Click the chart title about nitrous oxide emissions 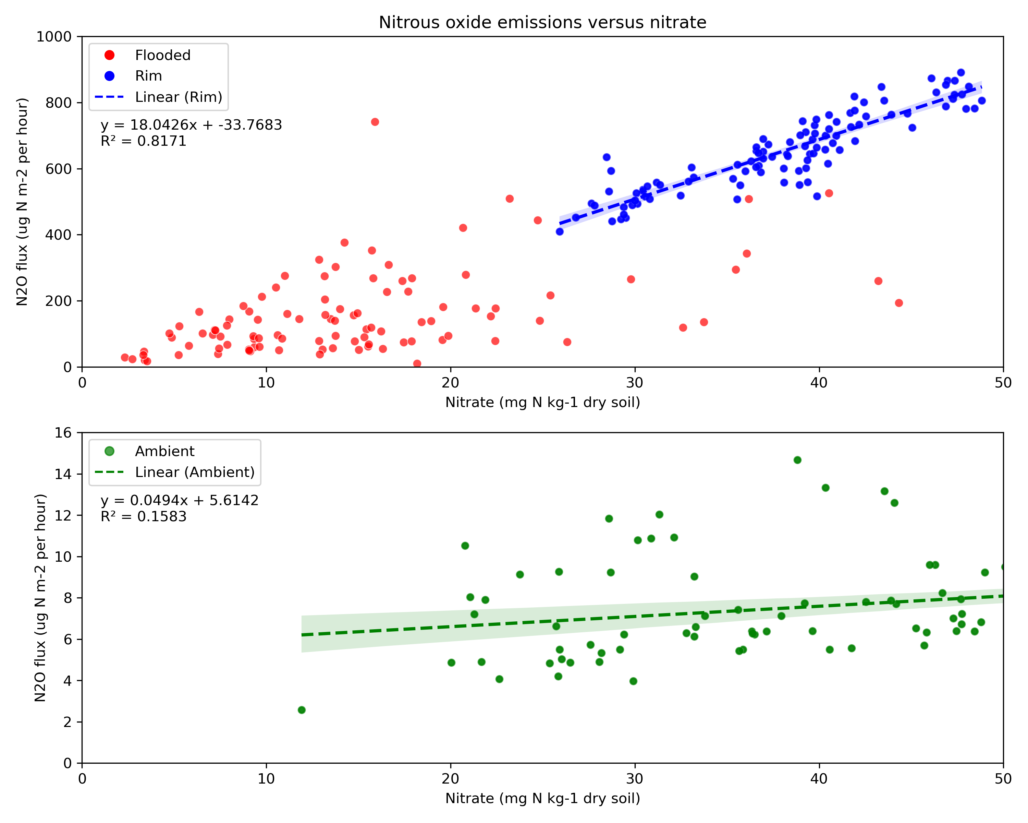542,22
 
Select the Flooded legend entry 162,55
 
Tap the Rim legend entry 148,76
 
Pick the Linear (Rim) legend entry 178,97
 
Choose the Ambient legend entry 164,451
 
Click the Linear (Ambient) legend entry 195,472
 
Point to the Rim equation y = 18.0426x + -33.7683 191,125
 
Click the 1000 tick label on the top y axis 53,37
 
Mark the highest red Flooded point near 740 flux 375,122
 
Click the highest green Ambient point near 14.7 797,460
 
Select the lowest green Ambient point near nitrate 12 301,710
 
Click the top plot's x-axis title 542,402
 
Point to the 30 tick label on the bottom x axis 635,779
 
